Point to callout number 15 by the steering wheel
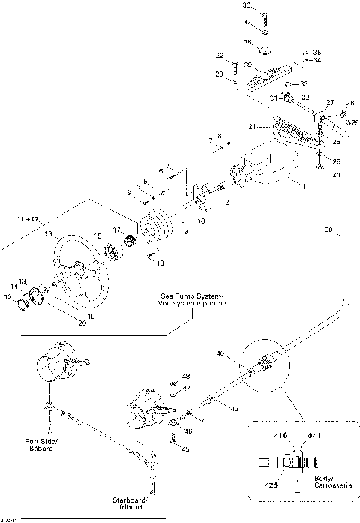pyautogui.click(x=47, y=235)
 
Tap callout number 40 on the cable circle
pyautogui.click(x=220, y=353)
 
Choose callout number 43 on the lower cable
pyautogui.click(x=235, y=409)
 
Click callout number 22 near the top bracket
pyautogui.click(x=220, y=56)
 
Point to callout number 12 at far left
pyautogui.click(x=9, y=297)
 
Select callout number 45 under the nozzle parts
pyautogui.click(x=186, y=449)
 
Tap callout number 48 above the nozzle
pyautogui.click(x=186, y=376)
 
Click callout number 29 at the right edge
pyautogui.click(x=355, y=122)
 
